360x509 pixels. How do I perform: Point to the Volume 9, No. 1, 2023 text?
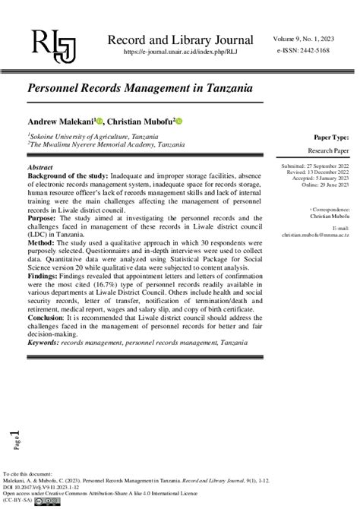pos(306,37)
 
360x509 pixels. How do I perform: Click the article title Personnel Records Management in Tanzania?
pos(141,88)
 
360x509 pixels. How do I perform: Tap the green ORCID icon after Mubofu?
pos(180,122)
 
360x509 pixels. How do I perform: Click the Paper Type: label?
pos(331,138)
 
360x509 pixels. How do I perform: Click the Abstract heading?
pos(40,166)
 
